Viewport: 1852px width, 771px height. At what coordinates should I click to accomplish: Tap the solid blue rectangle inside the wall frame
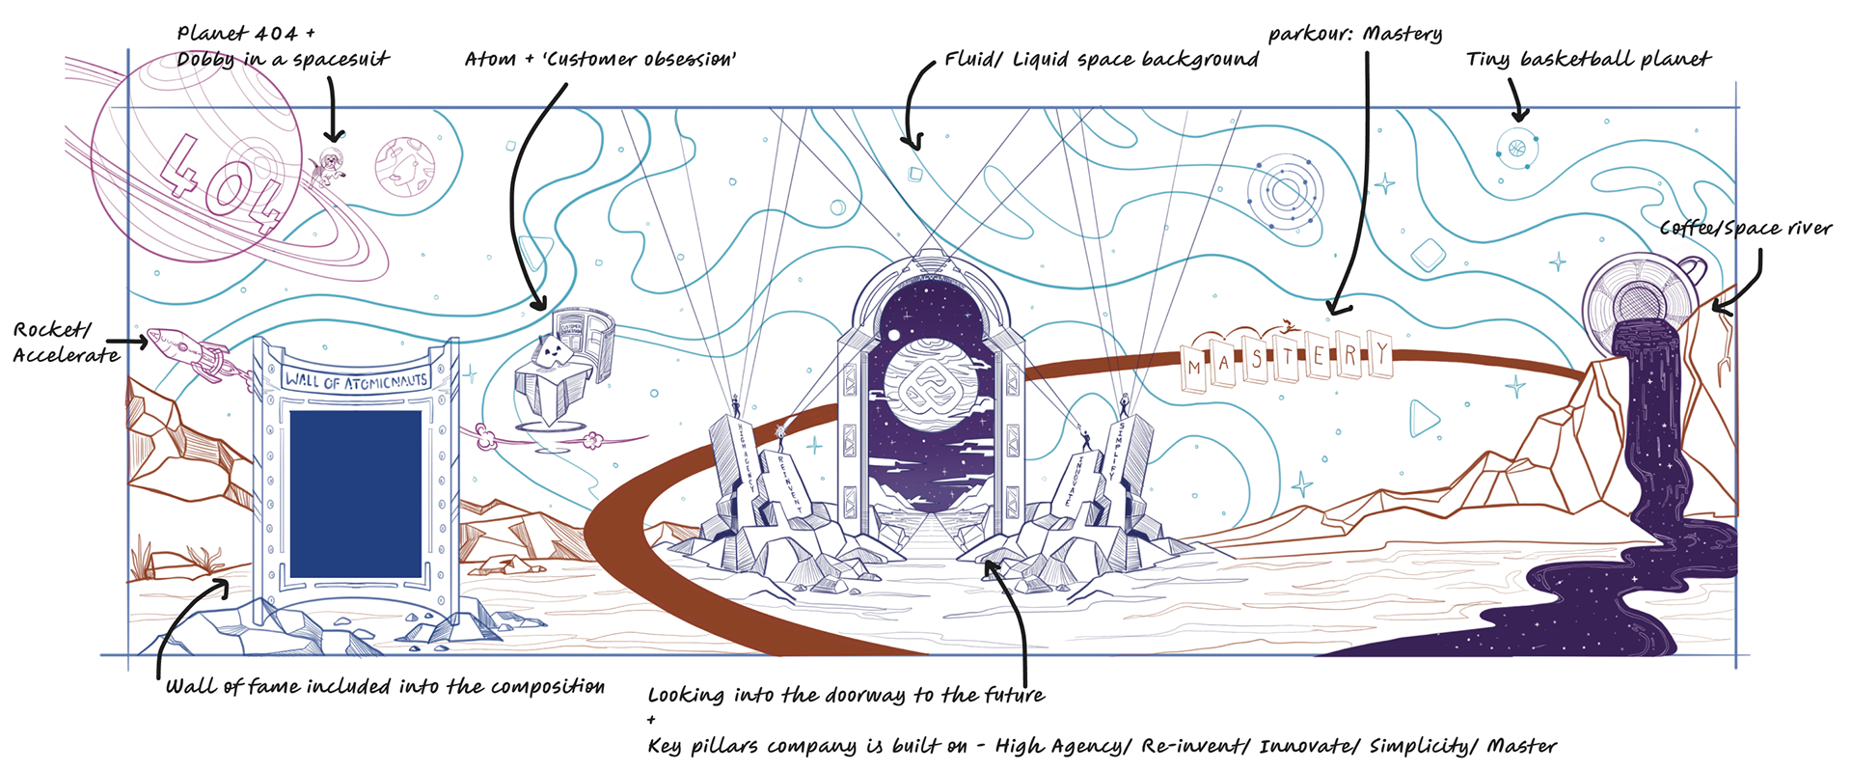[355, 493]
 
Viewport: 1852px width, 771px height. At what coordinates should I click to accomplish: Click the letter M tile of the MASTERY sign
[1196, 366]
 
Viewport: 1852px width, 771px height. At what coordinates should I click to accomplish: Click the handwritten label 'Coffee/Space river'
[1745, 229]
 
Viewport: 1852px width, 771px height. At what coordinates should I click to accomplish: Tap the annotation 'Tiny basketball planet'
[1588, 60]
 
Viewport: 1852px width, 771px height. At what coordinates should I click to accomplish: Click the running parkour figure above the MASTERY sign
[1285, 326]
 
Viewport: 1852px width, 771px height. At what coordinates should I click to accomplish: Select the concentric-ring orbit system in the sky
[1285, 192]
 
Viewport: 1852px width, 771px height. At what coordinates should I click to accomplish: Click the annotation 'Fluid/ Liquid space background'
[1101, 60]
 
